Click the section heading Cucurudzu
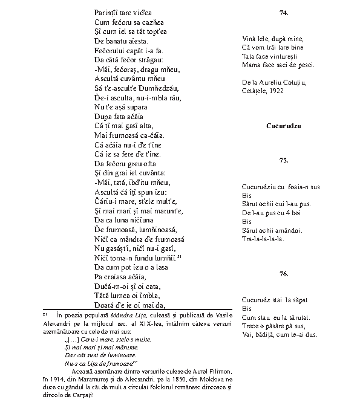(283, 126)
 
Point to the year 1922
(275, 90)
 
